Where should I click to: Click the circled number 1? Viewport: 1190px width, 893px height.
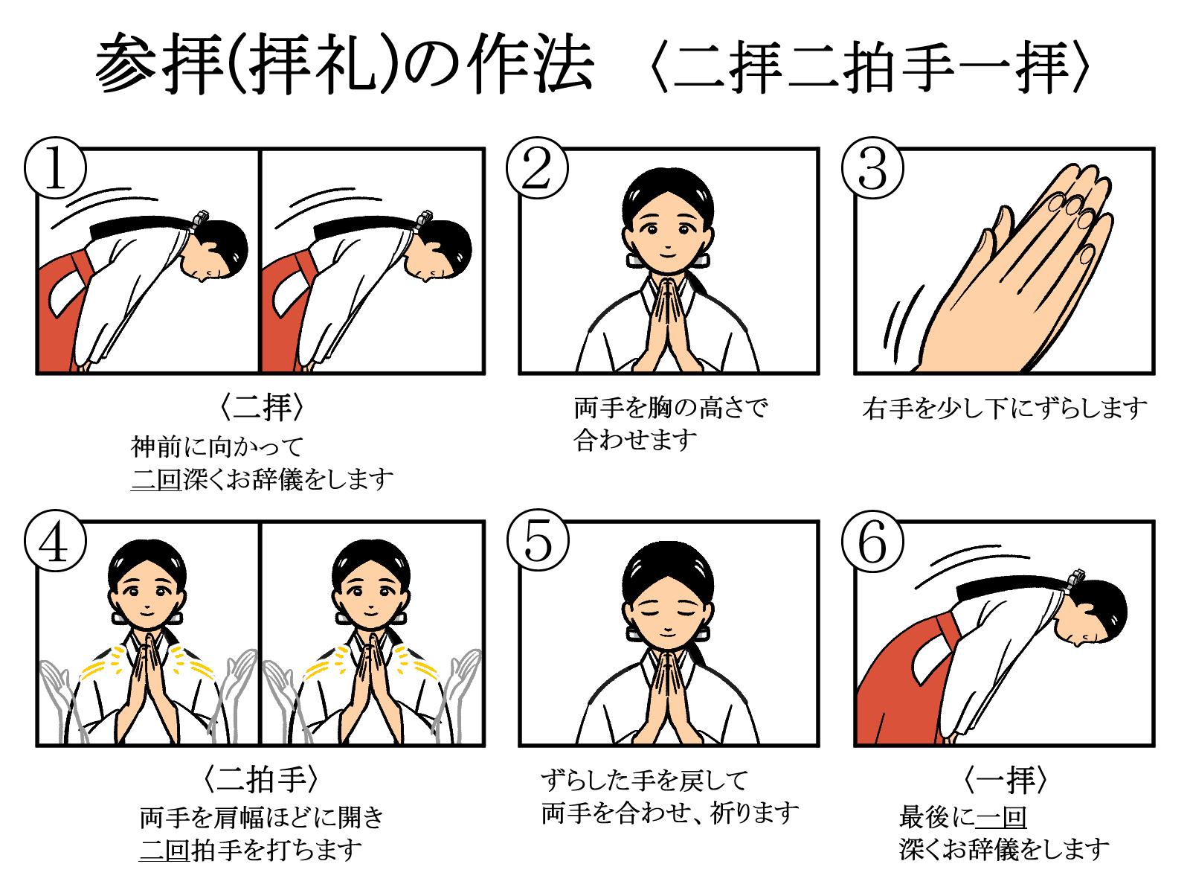tap(55, 167)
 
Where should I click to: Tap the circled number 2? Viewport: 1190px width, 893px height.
tap(537, 167)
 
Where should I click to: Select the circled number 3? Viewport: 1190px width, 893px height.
tap(872, 167)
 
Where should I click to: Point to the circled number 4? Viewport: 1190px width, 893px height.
tap(55, 540)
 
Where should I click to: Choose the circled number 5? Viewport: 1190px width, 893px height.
tap(538, 540)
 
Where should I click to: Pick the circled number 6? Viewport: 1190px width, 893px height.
tap(872, 540)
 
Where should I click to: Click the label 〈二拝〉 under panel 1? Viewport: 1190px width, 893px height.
tap(261, 406)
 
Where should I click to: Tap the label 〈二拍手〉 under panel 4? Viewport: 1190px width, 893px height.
tap(260, 779)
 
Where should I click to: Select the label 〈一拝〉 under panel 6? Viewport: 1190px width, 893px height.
tap(1005, 779)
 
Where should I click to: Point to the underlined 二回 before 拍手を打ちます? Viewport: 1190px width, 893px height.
tap(164, 849)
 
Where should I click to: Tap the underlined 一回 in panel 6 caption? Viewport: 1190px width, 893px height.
tap(1001, 817)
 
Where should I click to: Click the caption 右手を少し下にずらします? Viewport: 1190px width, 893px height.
tap(1005, 409)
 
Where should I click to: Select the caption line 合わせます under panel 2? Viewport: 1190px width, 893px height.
tap(635, 439)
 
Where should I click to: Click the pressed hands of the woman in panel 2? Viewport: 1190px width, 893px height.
tap(668, 325)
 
